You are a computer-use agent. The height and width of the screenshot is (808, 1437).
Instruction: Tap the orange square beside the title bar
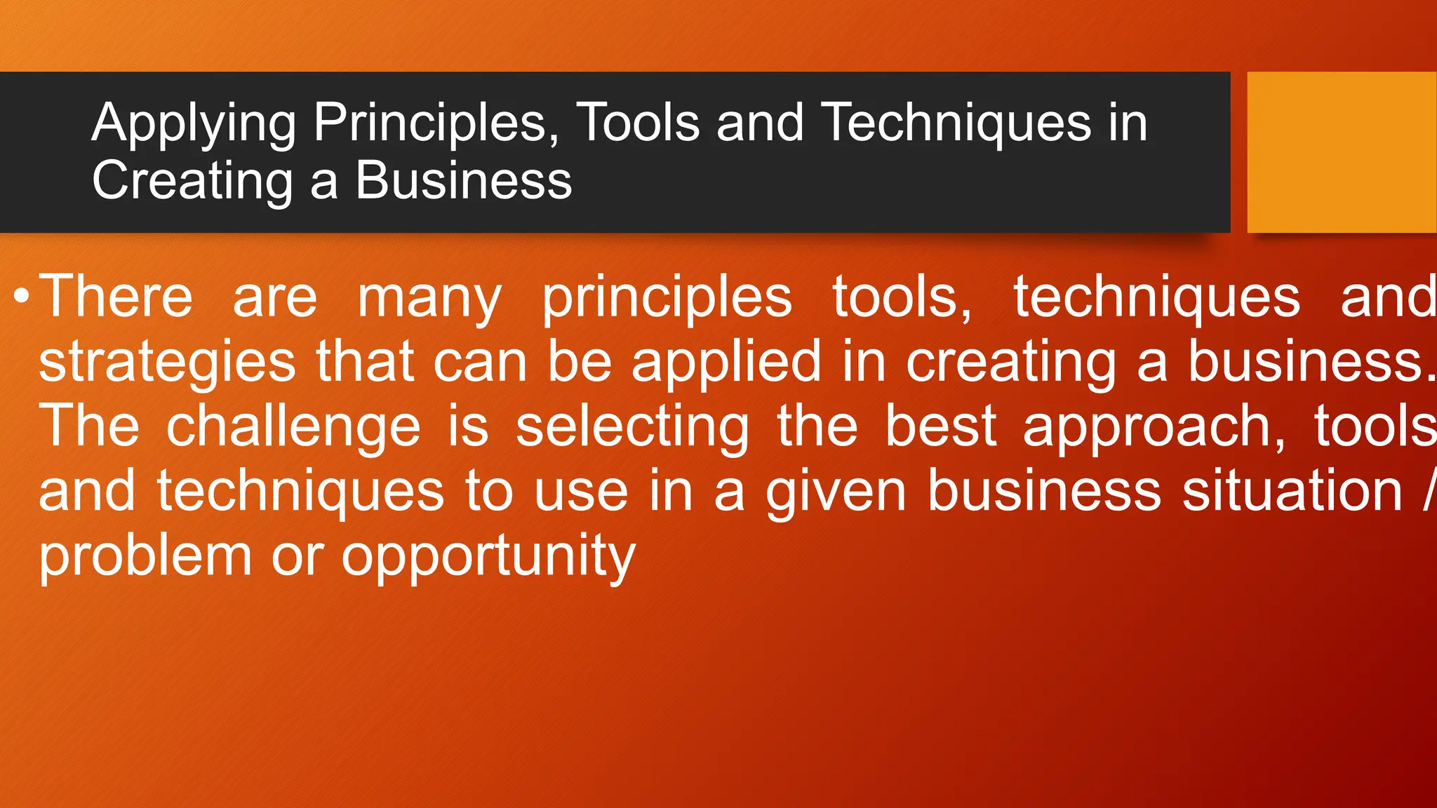pos(1342,152)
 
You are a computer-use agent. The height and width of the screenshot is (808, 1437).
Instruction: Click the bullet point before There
pos(21,297)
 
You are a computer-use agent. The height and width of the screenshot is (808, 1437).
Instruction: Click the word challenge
pos(293,428)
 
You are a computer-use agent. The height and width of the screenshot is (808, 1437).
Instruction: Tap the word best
pos(940,426)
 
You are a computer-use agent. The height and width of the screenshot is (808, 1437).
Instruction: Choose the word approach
pos(1155,428)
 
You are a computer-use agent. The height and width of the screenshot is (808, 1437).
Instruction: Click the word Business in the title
pos(464,180)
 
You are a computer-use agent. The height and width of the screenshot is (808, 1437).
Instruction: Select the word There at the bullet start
pos(116,297)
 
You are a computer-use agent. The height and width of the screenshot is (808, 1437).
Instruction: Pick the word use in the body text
pos(581,492)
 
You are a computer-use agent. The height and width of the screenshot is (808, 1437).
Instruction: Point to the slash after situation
pos(1429,491)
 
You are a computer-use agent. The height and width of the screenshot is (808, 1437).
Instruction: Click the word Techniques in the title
pos(956,123)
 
